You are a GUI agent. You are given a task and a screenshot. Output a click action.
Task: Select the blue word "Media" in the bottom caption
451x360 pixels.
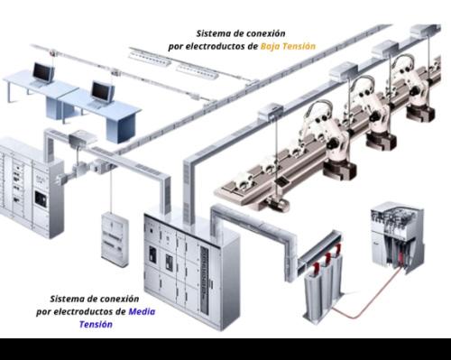pyautogui.click(x=142, y=311)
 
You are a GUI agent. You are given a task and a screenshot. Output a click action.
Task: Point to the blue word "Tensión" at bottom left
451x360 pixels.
pyautogui.click(x=96, y=324)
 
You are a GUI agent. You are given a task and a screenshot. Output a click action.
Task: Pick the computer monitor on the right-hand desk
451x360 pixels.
pyautogui.click(x=103, y=91)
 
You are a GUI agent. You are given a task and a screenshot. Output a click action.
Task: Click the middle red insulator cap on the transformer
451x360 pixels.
pyautogui.click(x=327, y=258)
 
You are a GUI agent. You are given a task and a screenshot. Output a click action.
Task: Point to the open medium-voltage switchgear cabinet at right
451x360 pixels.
pyautogui.click(x=397, y=237)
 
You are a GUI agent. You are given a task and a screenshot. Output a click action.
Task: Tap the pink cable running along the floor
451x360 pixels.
pyautogui.click(x=367, y=297)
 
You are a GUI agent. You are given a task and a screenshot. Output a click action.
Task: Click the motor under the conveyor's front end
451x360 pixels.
pyautogui.click(x=277, y=205)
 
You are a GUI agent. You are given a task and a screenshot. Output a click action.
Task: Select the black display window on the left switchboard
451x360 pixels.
pyautogui.click(x=41, y=198)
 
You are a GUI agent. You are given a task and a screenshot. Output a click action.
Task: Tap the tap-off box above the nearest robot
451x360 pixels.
pyautogui.click(x=270, y=110)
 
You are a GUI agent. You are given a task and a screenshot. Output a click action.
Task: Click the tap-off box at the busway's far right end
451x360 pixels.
pyautogui.click(x=425, y=31)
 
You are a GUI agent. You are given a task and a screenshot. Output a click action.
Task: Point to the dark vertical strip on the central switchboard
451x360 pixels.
pyautogui.click(x=206, y=272)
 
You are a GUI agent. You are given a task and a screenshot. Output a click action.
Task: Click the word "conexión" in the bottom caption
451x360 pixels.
pyautogui.click(x=120, y=299)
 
